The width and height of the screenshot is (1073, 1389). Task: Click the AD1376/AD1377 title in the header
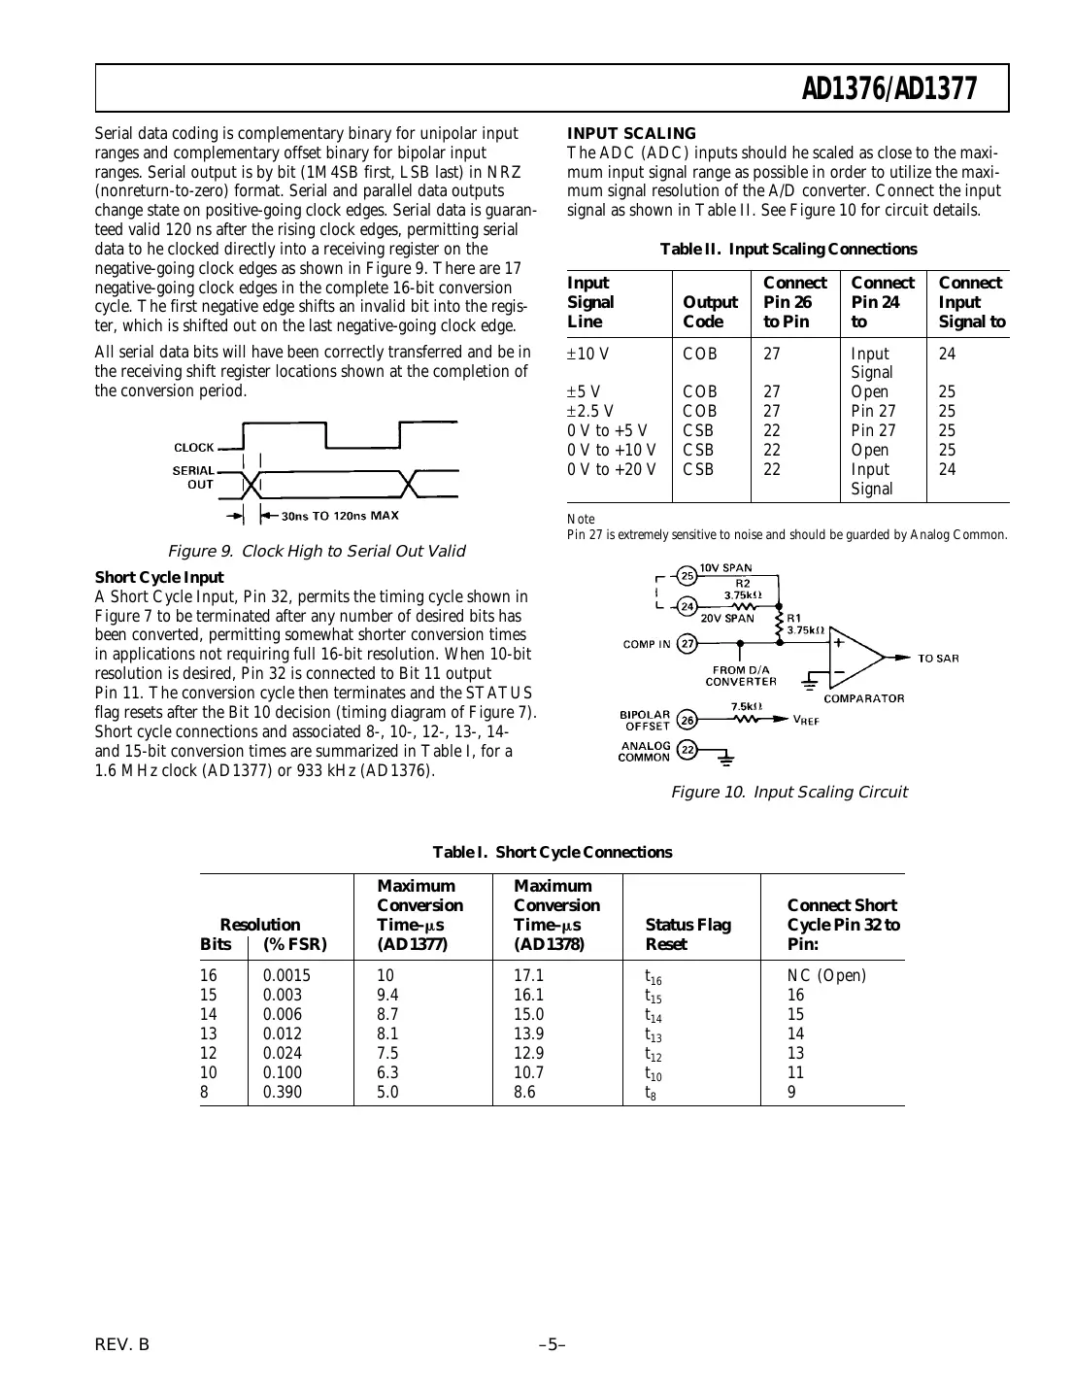coord(889,88)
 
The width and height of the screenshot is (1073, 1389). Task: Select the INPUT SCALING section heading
coord(631,133)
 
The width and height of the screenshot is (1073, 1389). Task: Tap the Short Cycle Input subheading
coord(159,577)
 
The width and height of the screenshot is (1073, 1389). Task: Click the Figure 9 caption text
coord(317,551)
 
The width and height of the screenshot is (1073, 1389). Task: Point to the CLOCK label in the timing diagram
coord(193,448)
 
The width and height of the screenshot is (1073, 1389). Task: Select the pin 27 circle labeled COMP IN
coord(687,643)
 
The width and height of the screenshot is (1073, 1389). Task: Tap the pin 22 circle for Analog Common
coord(687,750)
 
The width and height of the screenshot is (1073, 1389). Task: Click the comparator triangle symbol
coord(855,658)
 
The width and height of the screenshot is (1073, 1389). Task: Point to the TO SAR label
coord(938,659)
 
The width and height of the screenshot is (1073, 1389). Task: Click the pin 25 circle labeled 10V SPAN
coord(687,575)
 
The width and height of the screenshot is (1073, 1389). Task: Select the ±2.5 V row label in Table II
coord(590,411)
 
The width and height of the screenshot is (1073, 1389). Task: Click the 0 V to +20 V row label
coord(612,469)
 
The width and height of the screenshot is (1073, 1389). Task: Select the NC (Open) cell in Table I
coord(826,975)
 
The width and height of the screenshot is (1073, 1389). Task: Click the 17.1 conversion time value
coord(528,975)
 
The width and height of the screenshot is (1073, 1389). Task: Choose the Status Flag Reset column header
coord(687,934)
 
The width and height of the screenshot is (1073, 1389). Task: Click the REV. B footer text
coord(122,1344)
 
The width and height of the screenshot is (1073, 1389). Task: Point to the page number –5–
coord(553,1344)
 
